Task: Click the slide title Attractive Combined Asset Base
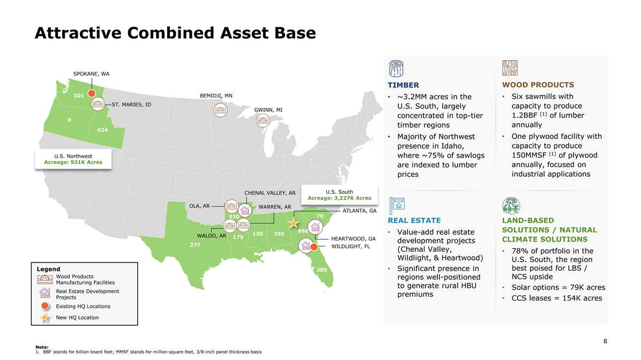click(x=175, y=33)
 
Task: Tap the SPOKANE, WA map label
click(x=91, y=74)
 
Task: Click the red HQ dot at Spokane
click(x=92, y=93)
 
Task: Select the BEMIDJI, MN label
click(x=216, y=95)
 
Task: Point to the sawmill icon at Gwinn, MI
click(x=263, y=121)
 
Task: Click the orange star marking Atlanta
click(x=294, y=223)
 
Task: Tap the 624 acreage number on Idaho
click(x=102, y=130)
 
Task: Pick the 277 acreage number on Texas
click(x=195, y=245)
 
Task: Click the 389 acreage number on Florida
click(x=322, y=269)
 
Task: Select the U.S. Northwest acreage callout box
click(x=73, y=159)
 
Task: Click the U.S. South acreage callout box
click(x=339, y=195)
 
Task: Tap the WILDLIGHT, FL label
click(x=351, y=246)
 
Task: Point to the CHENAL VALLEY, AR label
click(x=270, y=193)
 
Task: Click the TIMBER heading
click(x=403, y=85)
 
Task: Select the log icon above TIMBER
click(x=396, y=68)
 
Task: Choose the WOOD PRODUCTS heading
click(x=538, y=85)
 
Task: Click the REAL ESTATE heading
click(x=414, y=220)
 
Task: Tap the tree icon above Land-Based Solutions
click(x=511, y=206)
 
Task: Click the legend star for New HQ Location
click(x=45, y=318)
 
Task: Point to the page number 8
click(x=605, y=341)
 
